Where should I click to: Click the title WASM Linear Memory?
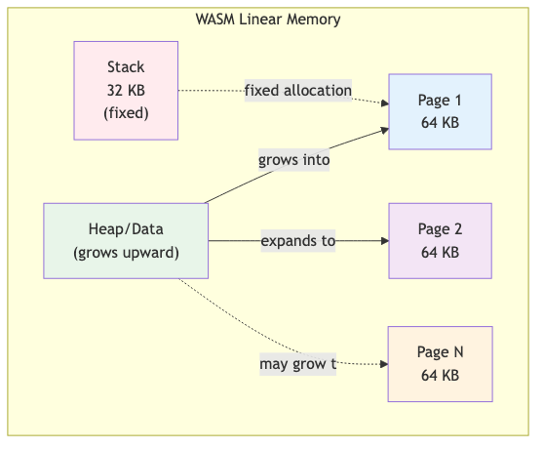click(x=268, y=20)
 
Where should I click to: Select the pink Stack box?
click(x=126, y=90)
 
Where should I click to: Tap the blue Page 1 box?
click(x=440, y=110)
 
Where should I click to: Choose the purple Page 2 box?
click(x=440, y=240)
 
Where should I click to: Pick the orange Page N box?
click(x=440, y=364)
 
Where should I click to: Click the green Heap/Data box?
click(x=126, y=240)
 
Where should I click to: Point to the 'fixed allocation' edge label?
click(x=297, y=91)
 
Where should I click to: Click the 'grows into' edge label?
click(x=293, y=160)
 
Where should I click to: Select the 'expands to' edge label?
click(x=297, y=240)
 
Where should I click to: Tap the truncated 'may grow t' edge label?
click(x=297, y=364)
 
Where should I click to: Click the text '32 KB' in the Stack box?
click(x=126, y=90)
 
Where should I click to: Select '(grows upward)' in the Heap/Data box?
click(x=126, y=252)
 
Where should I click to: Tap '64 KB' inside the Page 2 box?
click(x=440, y=252)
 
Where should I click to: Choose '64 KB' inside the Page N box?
click(x=440, y=376)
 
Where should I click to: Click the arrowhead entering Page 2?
click(x=383, y=240)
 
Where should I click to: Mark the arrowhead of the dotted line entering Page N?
click(x=383, y=364)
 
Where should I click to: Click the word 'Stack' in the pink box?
click(x=126, y=67)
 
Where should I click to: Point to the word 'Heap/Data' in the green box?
click(x=126, y=229)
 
